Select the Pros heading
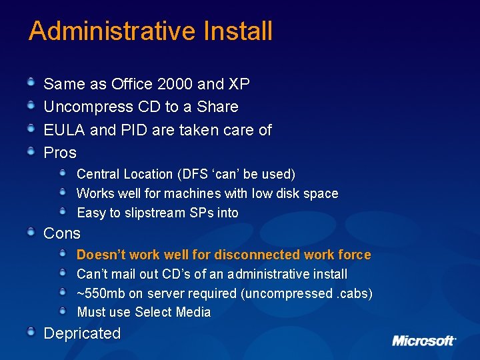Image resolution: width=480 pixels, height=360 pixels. [x=60, y=153]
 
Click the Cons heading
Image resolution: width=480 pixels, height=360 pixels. [x=61, y=233]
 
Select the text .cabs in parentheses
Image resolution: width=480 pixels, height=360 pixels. [x=353, y=293]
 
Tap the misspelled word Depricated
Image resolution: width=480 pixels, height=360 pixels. [x=82, y=334]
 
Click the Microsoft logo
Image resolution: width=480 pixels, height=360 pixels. [x=423, y=340]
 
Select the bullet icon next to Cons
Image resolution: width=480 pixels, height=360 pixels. [x=31, y=232]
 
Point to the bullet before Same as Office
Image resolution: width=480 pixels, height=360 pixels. [x=31, y=83]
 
